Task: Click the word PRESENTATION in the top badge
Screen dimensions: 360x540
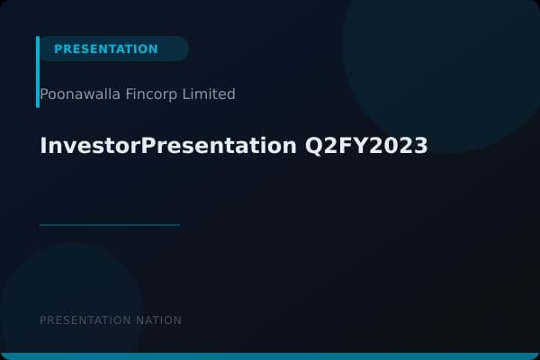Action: tap(105, 49)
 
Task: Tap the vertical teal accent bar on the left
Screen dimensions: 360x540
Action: tap(38, 72)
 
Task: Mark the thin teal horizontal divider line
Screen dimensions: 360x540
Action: tap(110, 224)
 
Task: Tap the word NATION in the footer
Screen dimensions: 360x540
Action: tap(158, 320)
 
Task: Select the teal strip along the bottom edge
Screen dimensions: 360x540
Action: tap(270, 356)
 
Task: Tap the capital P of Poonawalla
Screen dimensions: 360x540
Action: tap(44, 94)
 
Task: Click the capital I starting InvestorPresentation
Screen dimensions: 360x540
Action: tap(43, 146)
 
